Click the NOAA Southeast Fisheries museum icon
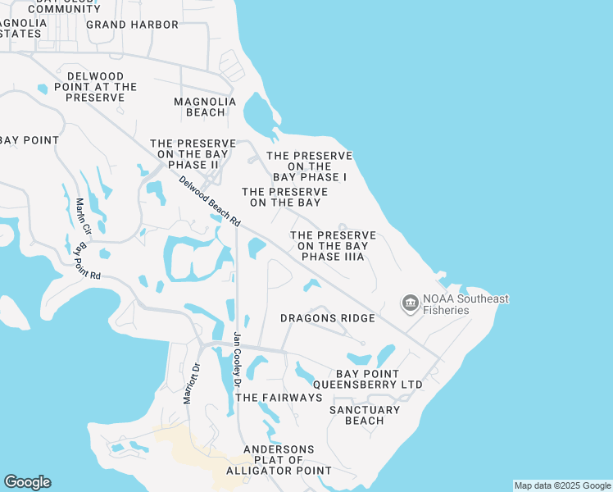click(409, 304)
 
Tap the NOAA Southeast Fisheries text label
click(465, 304)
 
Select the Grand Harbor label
click(132, 25)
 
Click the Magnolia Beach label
click(205, 107)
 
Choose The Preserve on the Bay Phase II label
click(193, 154)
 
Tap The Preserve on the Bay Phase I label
click(310, 166)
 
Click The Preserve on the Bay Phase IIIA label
click(333, 246)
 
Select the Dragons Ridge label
click(328, 318)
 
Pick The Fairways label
click(279, 398)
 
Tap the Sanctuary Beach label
click(365, 415)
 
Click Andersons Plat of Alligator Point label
click(279, 460)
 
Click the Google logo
click(27, 482)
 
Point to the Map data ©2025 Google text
click(562, 485)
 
